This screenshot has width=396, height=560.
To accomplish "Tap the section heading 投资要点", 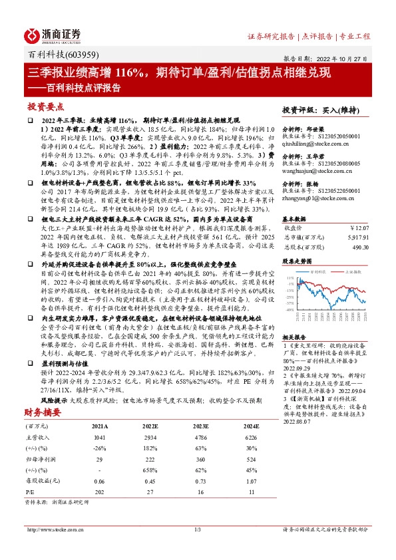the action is [x=45, y=106].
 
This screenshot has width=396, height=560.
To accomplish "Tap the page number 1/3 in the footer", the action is [x=198, y=548].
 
